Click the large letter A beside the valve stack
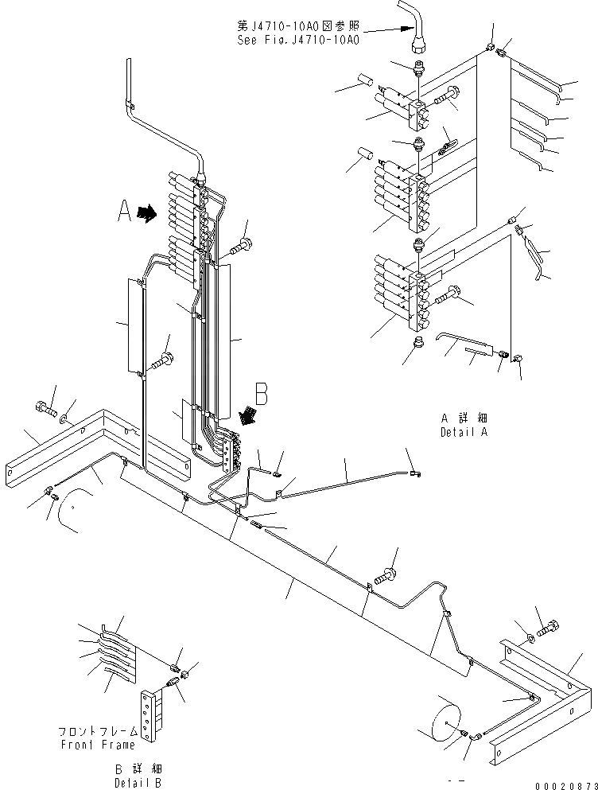[124, 212]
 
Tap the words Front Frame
[98, 745]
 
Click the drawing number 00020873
[564, 784]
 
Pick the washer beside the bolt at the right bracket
[530, 637]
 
